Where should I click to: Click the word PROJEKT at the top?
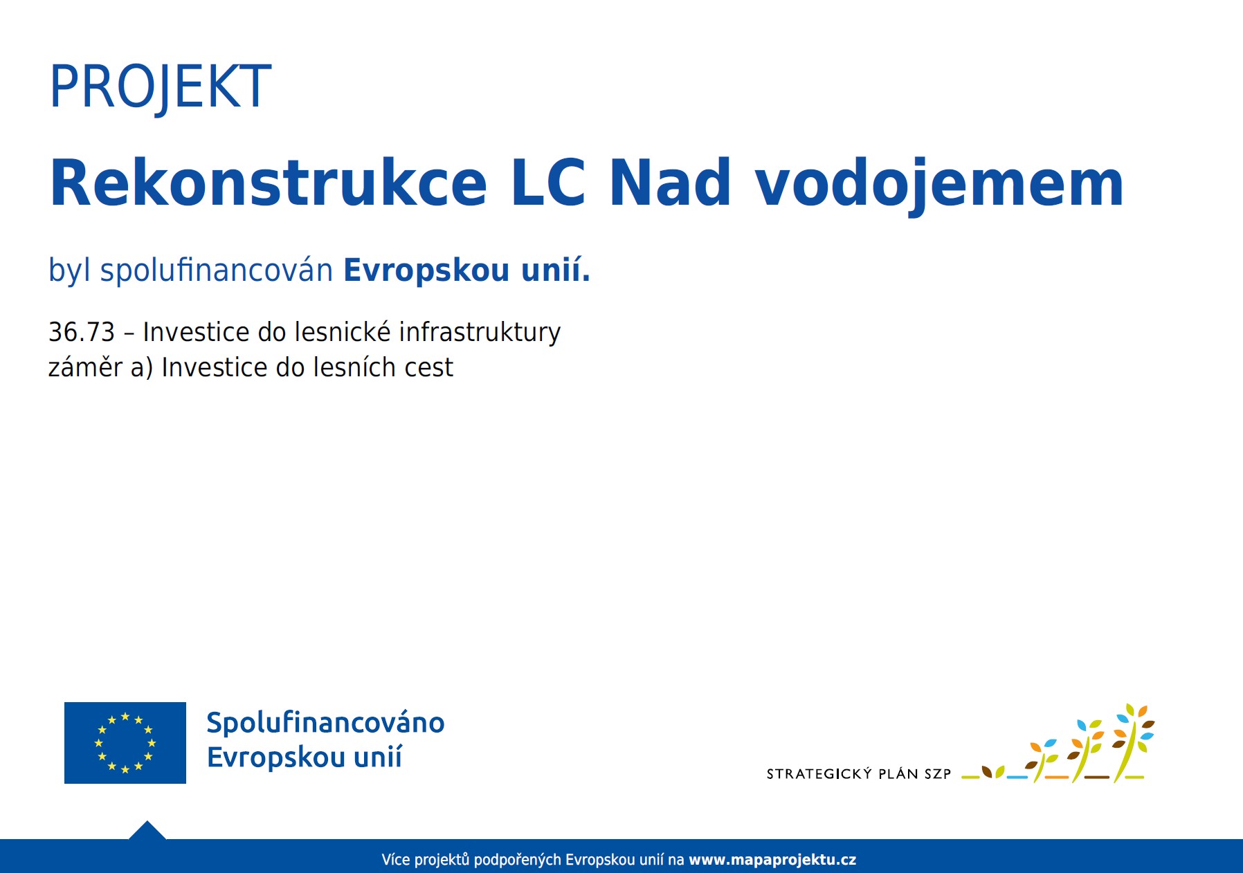[x=160, y=87]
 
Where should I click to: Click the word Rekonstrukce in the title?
[x=269, y=183]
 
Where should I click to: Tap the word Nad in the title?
[x=670, y=183]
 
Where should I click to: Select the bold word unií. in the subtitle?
[x=556, y=269]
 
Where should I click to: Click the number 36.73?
[x=82, y=332]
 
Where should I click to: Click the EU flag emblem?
[x=125, y=743]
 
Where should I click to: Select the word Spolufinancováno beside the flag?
[x=325, y=723]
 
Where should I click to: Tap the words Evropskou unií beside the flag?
[x=305, y=757]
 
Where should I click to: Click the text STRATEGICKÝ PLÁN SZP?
[x=859, y=773]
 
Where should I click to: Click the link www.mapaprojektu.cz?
[x=772, y=860]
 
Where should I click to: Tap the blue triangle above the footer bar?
[x=147, y=830]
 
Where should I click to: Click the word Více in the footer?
[x=395, y=860]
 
